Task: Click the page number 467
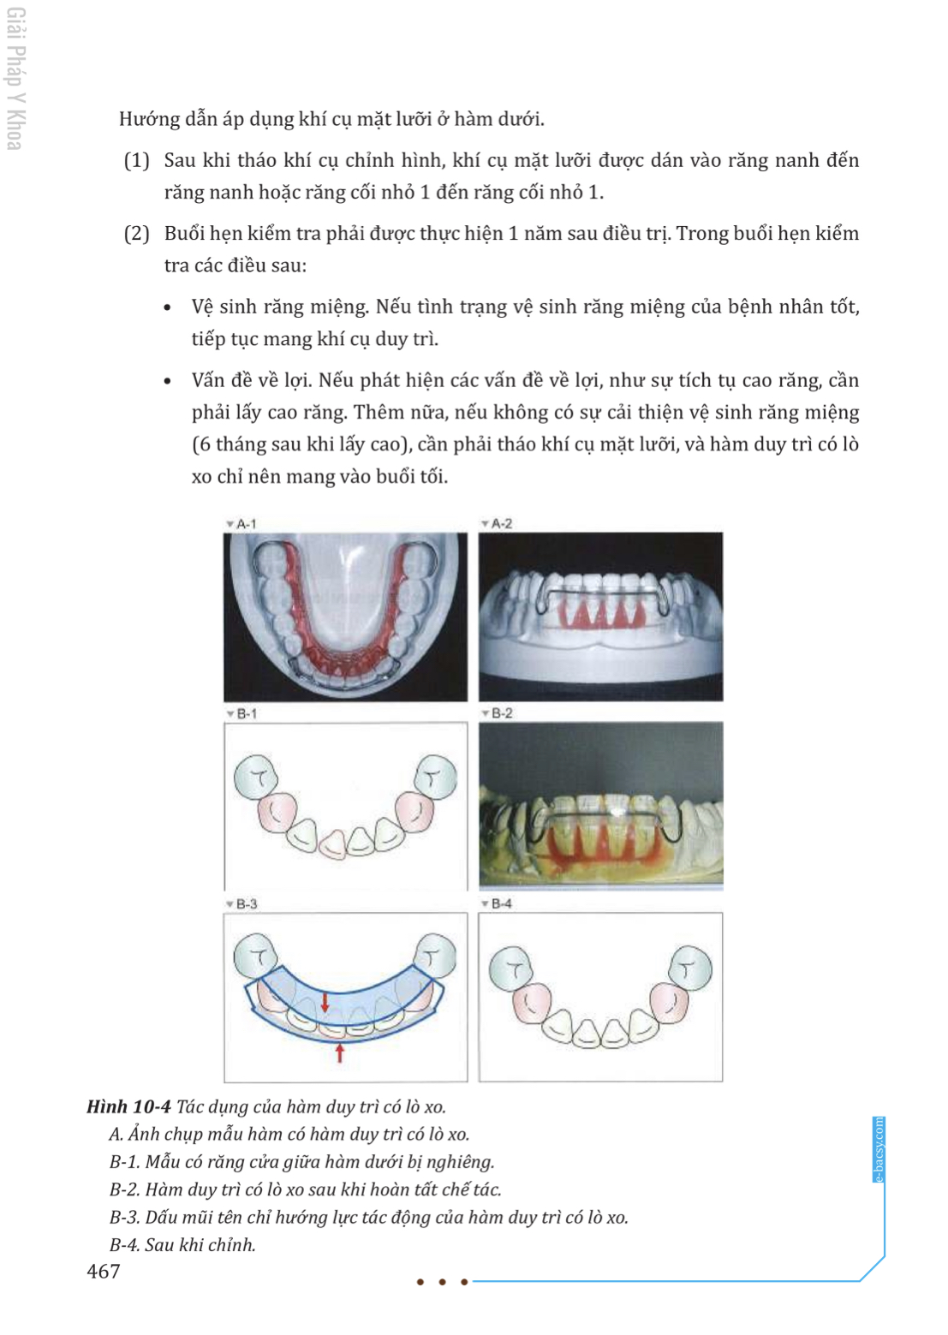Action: click(104, 1272)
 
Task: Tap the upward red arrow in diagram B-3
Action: click(340, 1053)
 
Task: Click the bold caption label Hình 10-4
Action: click(128, 1107)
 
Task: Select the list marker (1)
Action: click(136, 161)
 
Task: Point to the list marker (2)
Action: click(136, 234)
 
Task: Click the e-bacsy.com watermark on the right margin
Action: click(879, 1150)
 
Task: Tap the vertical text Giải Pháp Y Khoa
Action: click(15, 79)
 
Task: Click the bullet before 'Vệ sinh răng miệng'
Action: click(168, 308)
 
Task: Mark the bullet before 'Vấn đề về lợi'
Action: click(168, 381)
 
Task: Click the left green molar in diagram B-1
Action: click(256, 778)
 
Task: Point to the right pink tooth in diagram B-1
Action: click(415, 812)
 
